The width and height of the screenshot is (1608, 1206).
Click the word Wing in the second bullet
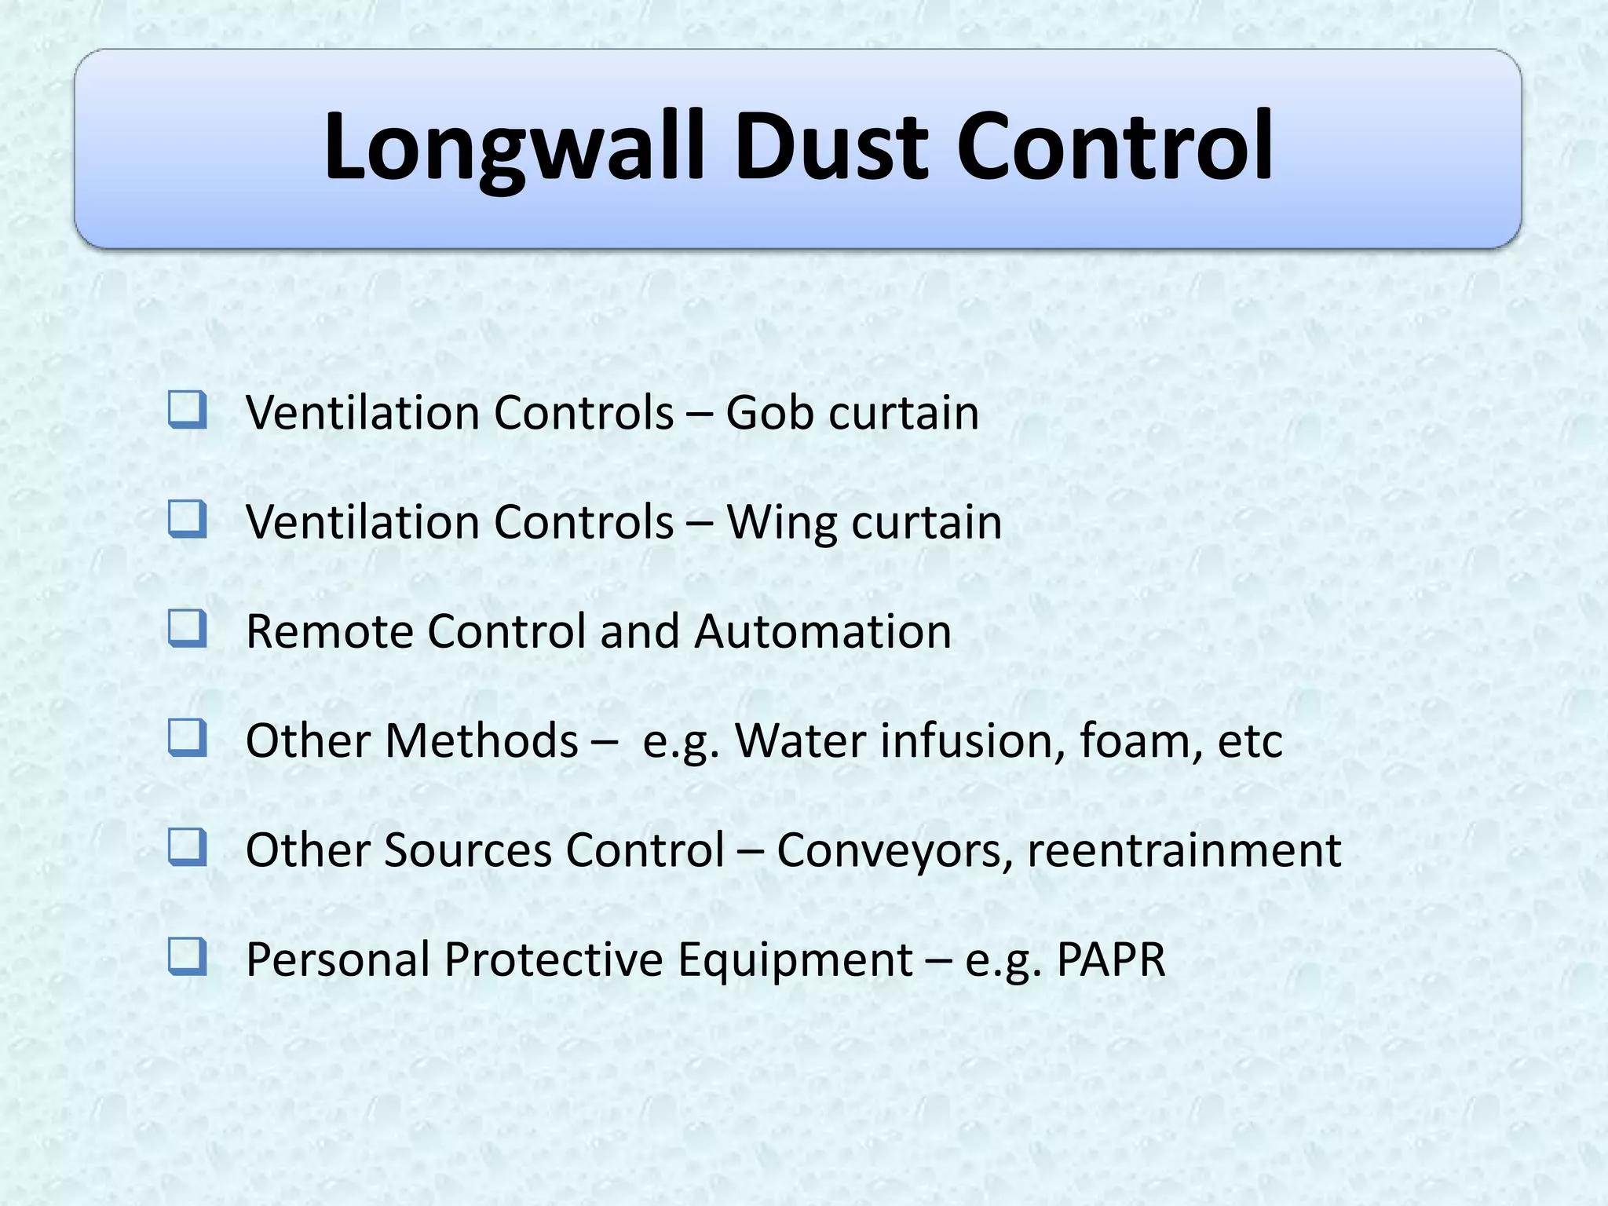tap(781, 523)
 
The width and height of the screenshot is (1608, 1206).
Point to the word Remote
tap(329, 632)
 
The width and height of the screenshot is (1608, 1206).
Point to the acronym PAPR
tap(1111, 959)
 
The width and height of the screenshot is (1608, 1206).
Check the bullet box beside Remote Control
tap(188, 629)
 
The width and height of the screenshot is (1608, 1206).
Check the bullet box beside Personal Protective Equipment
tap(188, 957)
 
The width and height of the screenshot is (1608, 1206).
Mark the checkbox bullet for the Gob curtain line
tap(188, 411)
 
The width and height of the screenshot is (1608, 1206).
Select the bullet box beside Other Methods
tap(188, 738)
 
